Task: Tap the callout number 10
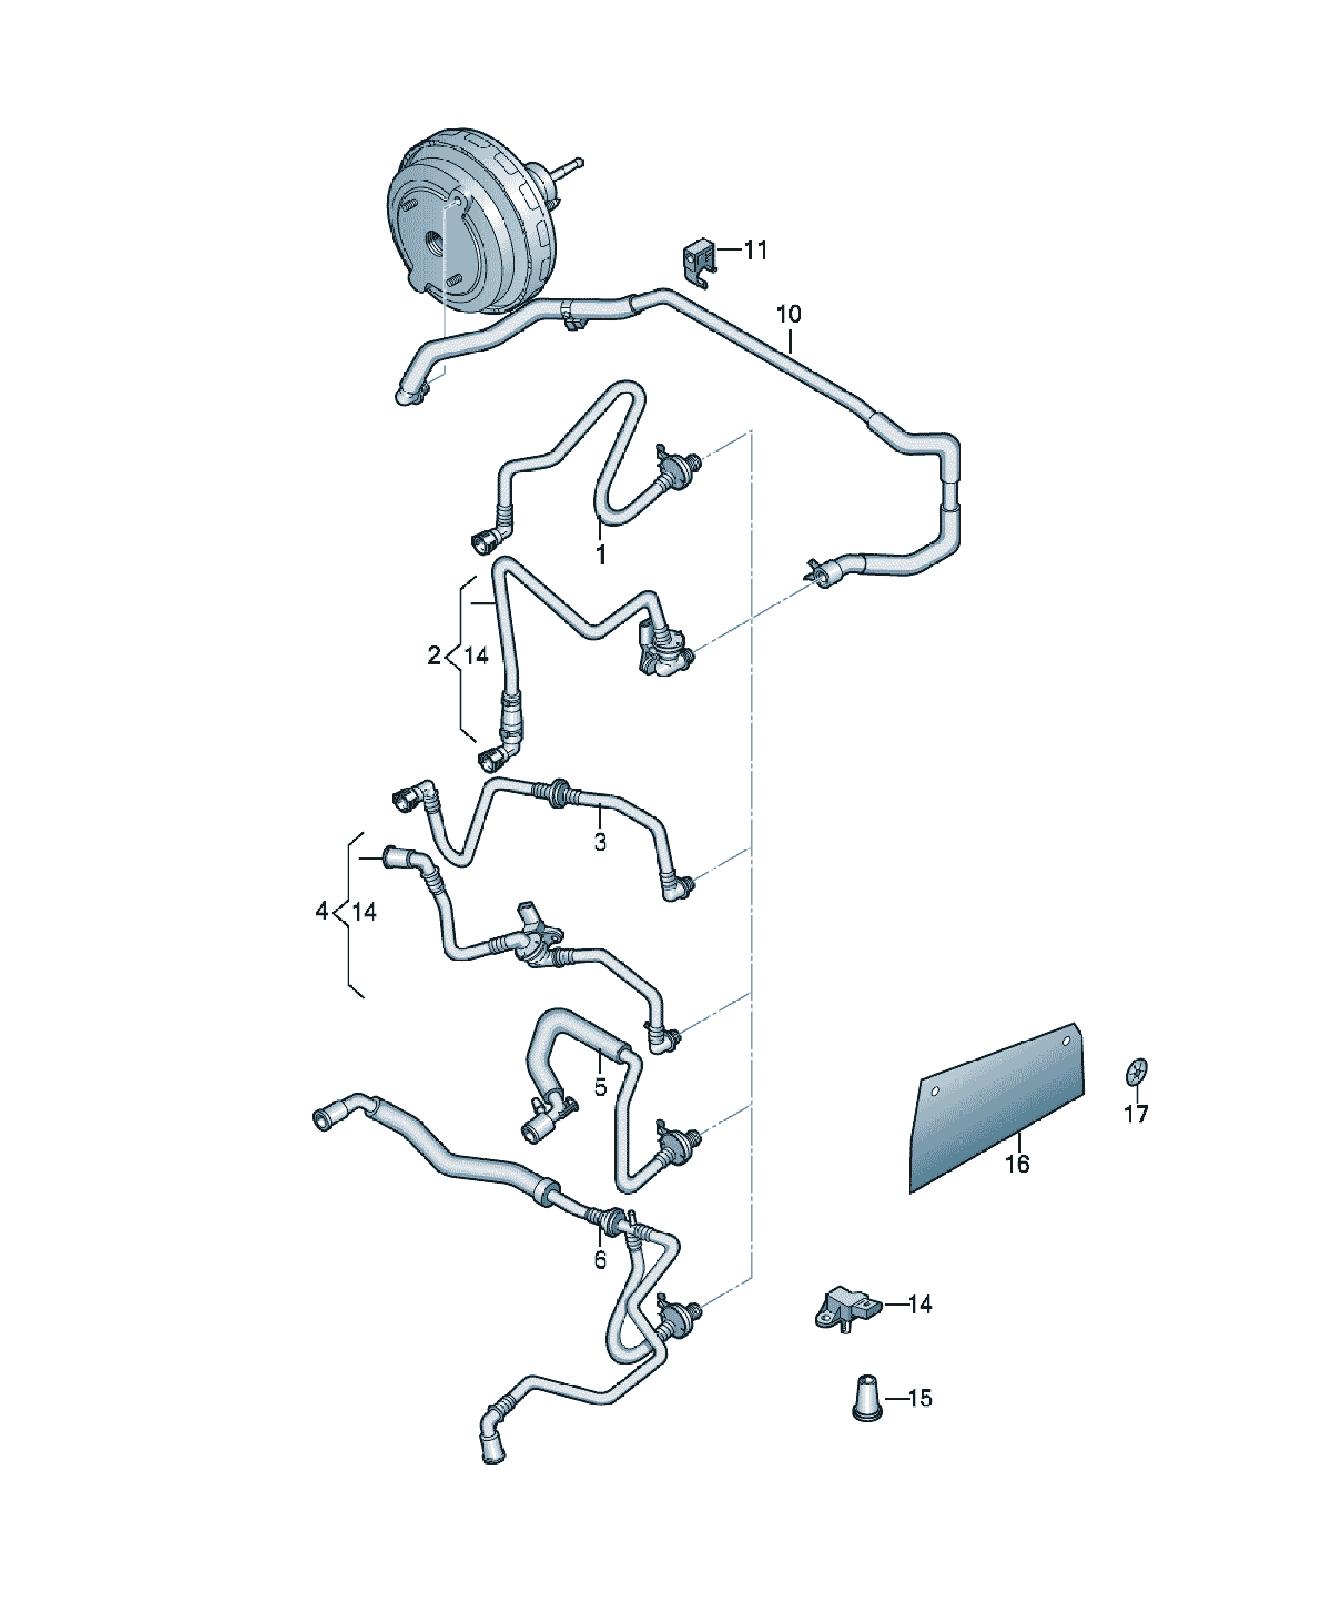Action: coord(789,314)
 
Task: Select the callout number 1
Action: coord(600,554)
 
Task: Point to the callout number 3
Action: coord(600,842)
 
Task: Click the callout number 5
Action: coord(600,1087)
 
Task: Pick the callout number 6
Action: coord(600,1259)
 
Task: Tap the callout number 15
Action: coord(920,1398)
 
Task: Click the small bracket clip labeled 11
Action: coord(698,260)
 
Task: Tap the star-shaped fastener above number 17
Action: coord(1137,1072)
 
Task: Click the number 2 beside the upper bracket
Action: coord(434,655)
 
